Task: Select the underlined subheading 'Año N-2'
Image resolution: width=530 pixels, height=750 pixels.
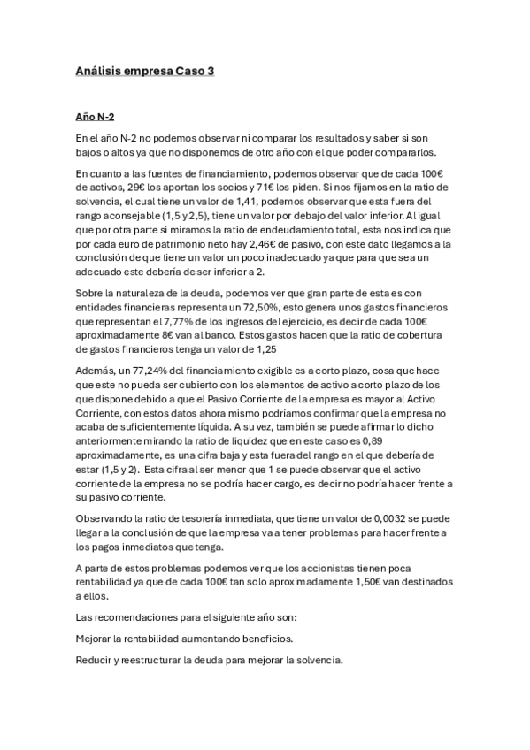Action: click(x=95, y=117)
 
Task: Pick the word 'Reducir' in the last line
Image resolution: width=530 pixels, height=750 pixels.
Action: click(x=94, y=660)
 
